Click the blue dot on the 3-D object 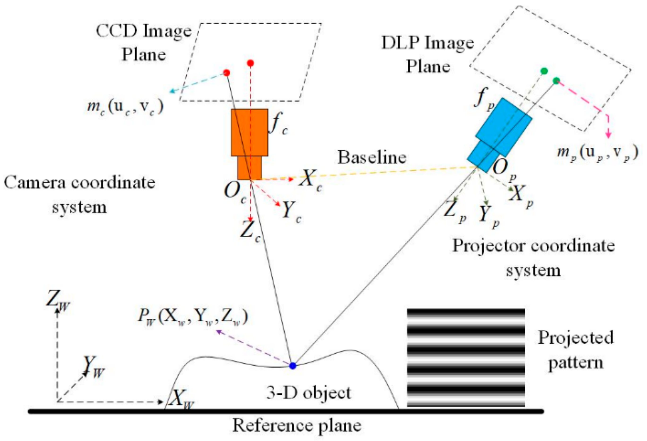point(292,366)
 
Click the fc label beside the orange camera point(279,124)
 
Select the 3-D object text point(309,393)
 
